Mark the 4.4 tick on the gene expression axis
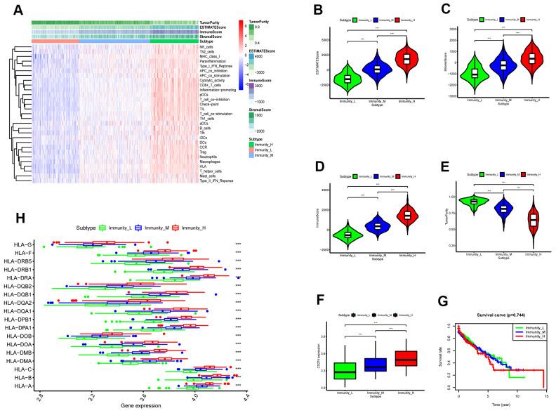246,398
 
